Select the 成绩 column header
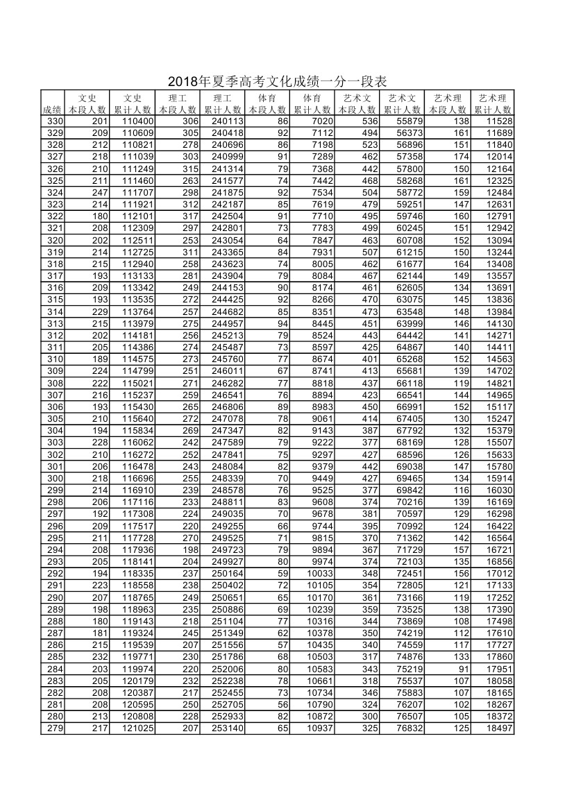52,110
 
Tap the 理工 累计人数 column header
223,103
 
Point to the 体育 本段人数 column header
267,103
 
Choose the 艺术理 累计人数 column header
493,103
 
